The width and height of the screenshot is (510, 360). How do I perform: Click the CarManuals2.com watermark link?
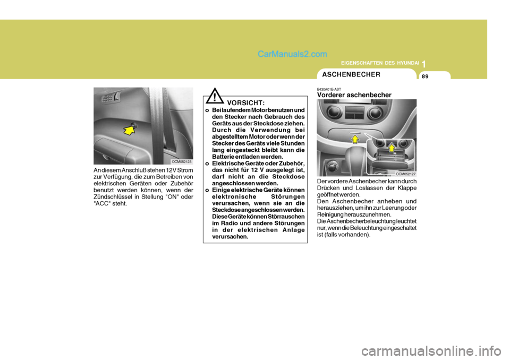[292, 54]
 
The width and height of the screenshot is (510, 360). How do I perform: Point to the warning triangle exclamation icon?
[214, 98]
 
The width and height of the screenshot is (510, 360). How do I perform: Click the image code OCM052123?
[181, 160]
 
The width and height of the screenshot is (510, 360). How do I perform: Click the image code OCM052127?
[405, 174]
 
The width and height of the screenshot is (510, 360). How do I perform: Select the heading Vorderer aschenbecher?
[354, 95]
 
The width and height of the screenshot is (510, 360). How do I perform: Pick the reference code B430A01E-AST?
[329, 89]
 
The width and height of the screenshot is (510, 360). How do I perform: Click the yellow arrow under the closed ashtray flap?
[354, 139]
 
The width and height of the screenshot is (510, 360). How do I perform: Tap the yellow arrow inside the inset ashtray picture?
[392, 147]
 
